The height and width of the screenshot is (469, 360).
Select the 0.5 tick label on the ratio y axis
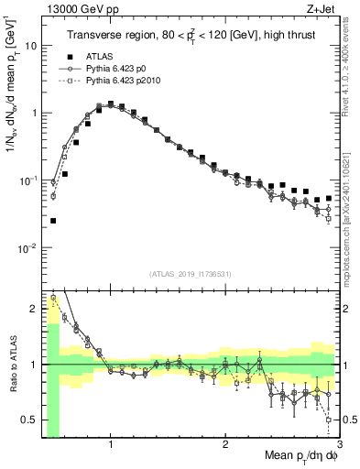coord(29,420)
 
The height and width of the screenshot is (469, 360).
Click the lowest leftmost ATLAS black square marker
coord(53,221)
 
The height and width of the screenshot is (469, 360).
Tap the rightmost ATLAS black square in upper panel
coord(329,197)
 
